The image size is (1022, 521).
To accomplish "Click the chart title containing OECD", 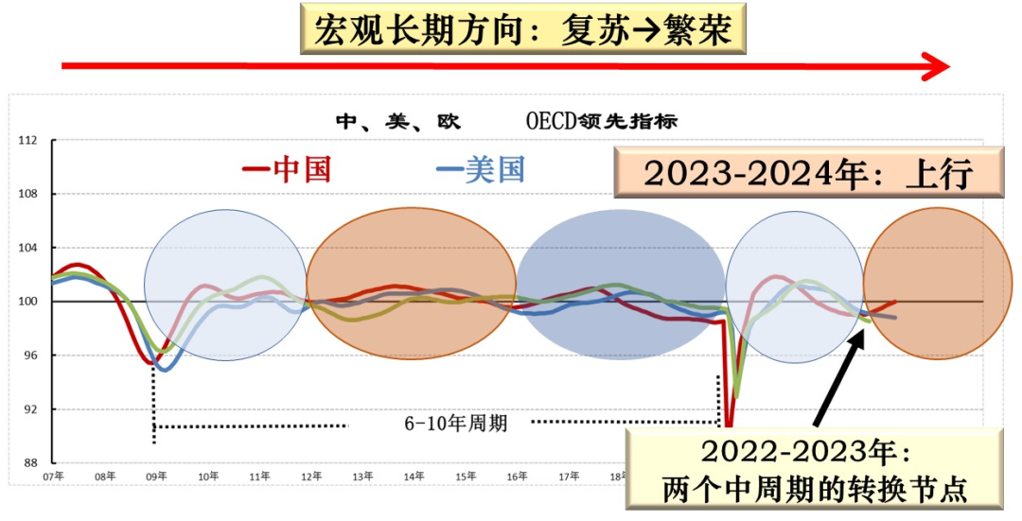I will tap(506, 121).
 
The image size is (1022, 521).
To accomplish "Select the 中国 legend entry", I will tap(288, 169).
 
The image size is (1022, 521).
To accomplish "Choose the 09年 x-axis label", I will tap(156, 477).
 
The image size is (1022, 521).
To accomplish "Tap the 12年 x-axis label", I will tap(310, 477).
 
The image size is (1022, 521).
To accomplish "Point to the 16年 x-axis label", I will tap(517, 477).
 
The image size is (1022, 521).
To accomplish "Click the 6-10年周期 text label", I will tap(456, 424).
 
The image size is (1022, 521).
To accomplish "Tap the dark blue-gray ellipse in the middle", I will tap(620, 285).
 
